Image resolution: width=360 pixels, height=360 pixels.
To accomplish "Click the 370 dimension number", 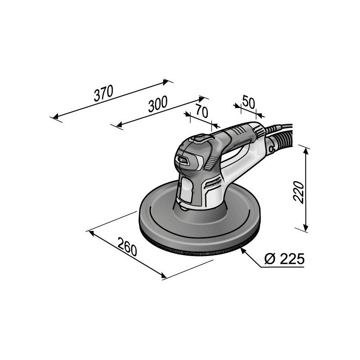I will (x=103, y=93).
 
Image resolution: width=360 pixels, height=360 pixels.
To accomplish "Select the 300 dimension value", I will (x=157, y=104).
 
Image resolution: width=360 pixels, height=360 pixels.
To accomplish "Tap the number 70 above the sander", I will (x=202, y=110).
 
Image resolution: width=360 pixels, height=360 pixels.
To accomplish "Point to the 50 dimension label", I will (x=248, y=101).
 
